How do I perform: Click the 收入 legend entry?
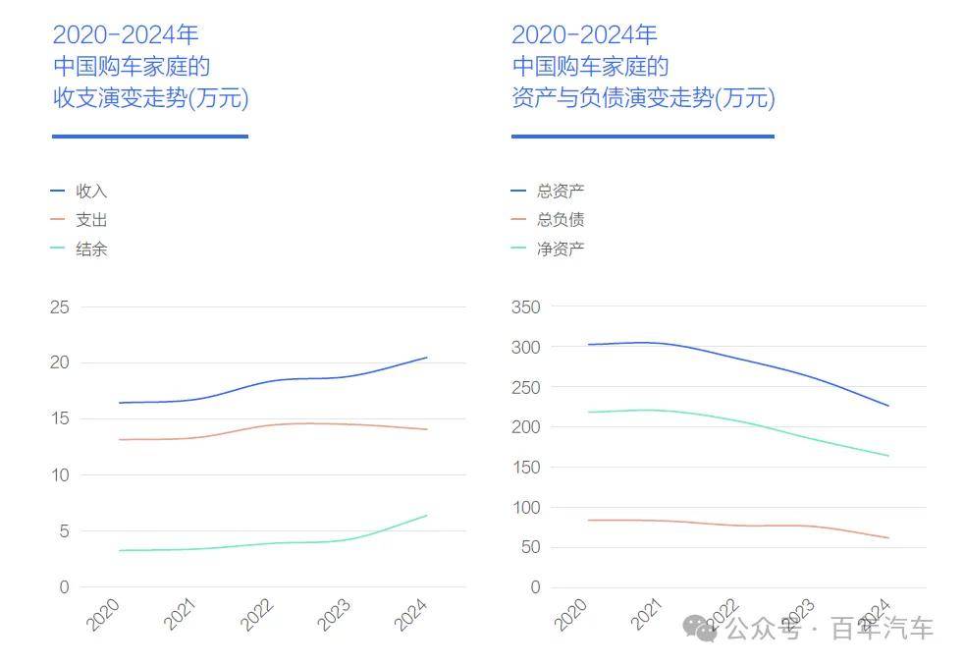90,192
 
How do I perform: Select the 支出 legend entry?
90,220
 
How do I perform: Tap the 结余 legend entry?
90,250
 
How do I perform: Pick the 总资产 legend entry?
560,192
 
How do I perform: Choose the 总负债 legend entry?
560,220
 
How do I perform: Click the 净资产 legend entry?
560,250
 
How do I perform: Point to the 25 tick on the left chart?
60,306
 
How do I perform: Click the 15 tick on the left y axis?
60,418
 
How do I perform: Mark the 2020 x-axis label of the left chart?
103,615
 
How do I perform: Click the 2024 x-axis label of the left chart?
410,615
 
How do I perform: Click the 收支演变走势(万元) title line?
150,98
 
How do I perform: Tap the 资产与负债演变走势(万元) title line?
643,98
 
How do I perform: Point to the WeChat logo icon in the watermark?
701,628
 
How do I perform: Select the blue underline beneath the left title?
149,137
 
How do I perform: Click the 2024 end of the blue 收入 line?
426,358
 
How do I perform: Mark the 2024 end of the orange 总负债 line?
887,537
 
